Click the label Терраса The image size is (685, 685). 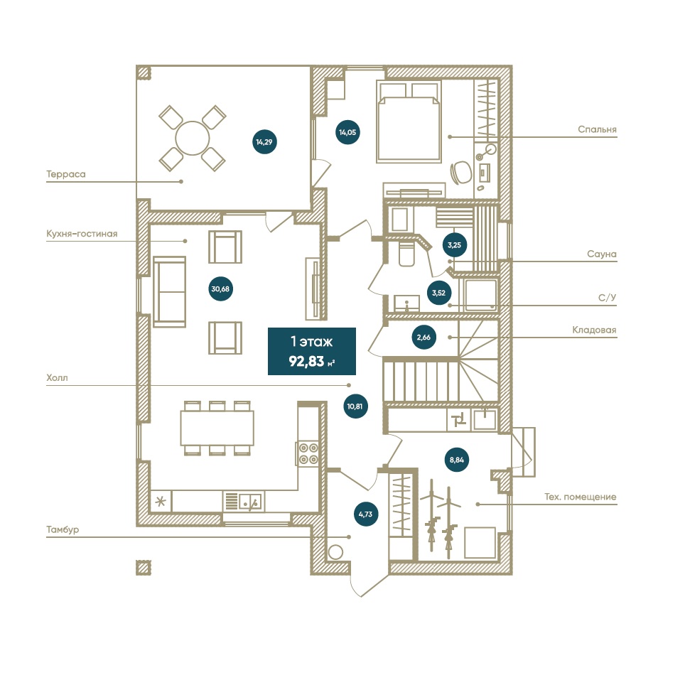coord(66,173)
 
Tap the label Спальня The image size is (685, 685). coord(597,129)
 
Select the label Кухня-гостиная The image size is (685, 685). coord(81,233)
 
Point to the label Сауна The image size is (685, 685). coord(602,254)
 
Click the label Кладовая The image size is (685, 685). coord(594,330)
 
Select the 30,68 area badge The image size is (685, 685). coord(222,288)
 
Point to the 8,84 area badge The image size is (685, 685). coord(457,460)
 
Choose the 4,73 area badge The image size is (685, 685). coord(365,513)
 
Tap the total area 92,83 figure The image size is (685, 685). coord(311,360)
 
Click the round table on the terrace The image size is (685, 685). coord(193,137)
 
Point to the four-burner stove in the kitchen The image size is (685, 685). coord(308,453)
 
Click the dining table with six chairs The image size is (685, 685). coord(217,427)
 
